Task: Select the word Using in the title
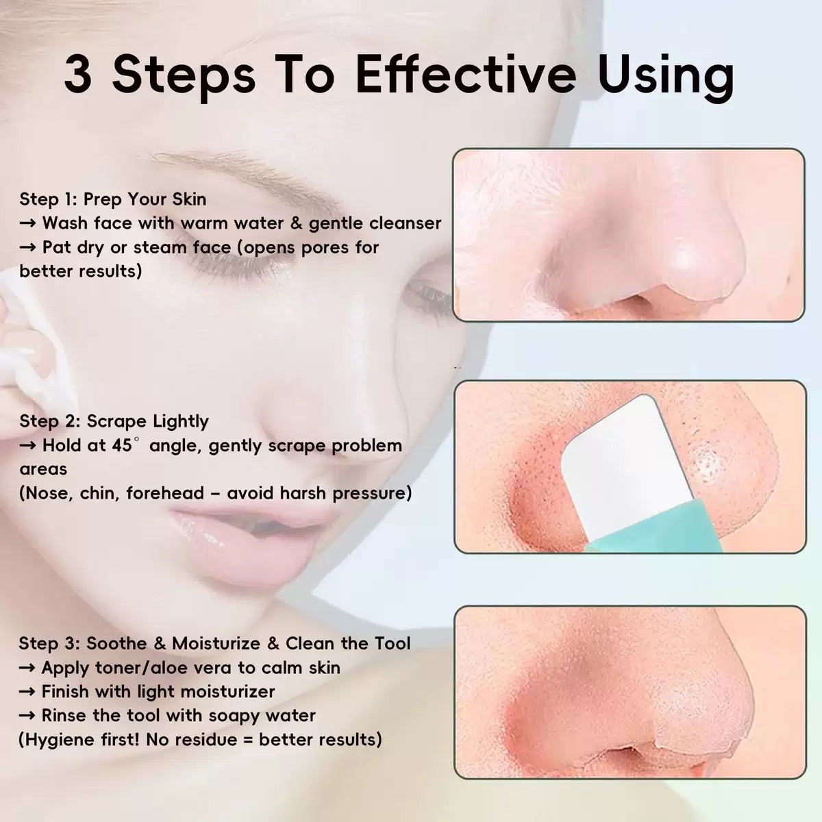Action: point(666,75)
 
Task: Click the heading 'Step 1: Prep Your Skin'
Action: point(112,199)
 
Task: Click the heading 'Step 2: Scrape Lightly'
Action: point(114,421)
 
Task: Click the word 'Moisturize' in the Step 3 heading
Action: point(216,644)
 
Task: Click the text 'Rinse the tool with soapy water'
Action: point(178,716)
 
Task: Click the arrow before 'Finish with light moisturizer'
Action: point(29,692)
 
